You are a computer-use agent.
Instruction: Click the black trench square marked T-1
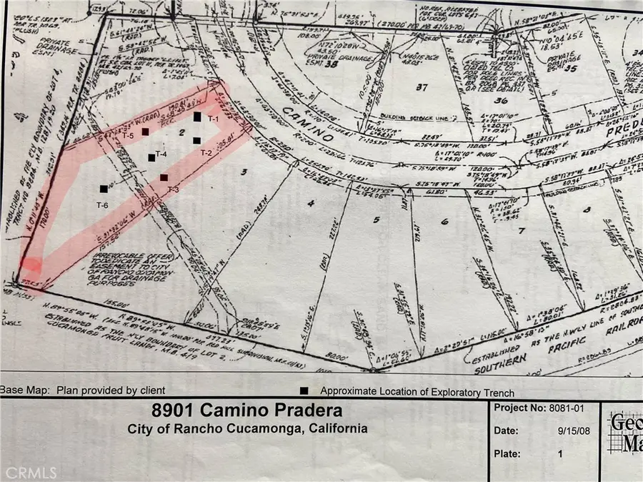click(197, 116)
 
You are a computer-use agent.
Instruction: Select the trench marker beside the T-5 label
click(145, 132)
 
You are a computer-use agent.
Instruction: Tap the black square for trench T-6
click(104, 189)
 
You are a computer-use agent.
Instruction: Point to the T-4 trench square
click(151, 157)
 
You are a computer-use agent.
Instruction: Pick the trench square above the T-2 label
click(196, 140)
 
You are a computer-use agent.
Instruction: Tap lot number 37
click(420, 87)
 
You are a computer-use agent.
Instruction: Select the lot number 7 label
click(520, 230)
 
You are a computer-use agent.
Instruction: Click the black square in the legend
click(304, 391)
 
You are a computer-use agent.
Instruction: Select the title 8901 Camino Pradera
click(246, 411)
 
